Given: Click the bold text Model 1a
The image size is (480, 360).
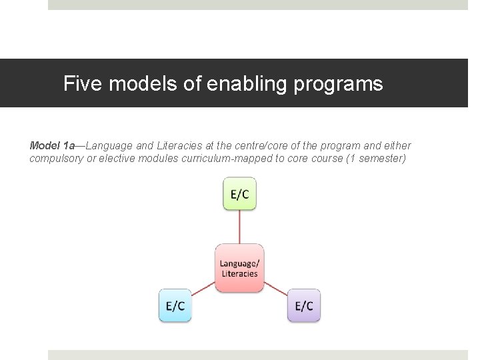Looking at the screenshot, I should tap(52, 145).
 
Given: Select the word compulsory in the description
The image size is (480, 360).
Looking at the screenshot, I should tap(56, 159).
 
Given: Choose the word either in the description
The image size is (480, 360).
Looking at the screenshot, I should tap(398, 145).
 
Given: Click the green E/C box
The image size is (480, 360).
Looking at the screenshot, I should tap(239, 193).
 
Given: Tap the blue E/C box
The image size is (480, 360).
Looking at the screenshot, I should tap(175, 306).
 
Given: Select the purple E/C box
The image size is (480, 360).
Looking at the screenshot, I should tap(304, 306).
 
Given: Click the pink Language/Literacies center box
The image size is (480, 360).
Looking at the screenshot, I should tap(239, 268).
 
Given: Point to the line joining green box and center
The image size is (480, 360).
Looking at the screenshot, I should tap(239, 227).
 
